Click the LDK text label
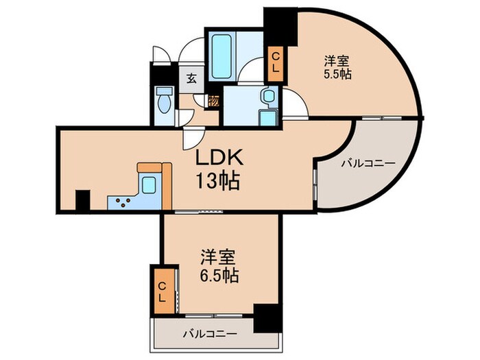coord(218,158)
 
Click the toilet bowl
coord(163,100)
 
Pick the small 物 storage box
coord(214,99)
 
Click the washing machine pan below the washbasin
coord(268,117)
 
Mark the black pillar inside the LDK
coord(82,201)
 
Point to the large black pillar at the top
coord(279,25)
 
